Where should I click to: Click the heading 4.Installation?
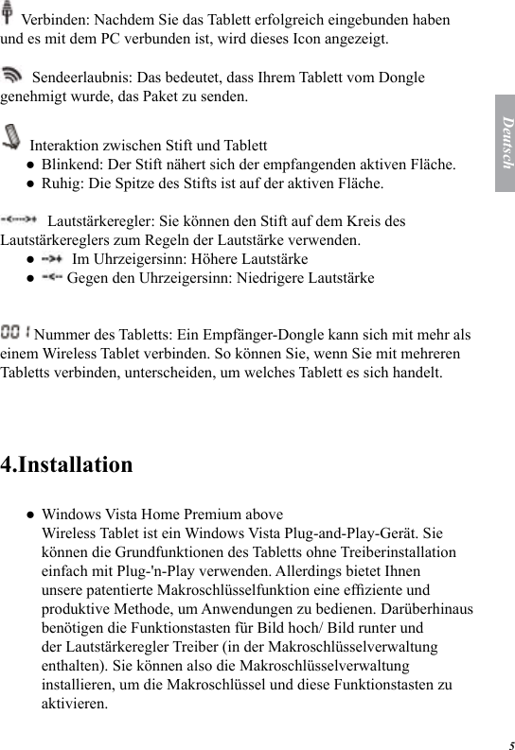[67, 465]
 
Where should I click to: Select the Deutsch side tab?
[505, 143]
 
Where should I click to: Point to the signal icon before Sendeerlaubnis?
[14, 75]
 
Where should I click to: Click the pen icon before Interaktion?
[13, 138]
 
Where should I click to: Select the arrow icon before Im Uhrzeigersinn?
[53, 258]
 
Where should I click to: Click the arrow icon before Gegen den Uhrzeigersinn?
[52, 277]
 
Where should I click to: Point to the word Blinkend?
[72, 165]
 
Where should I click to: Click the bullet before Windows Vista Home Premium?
[31, 515]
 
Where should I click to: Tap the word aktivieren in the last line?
[75, 704]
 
